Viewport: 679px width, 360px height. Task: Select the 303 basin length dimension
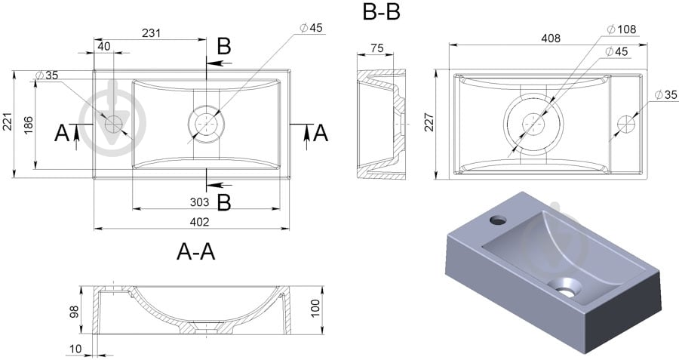coord(200,202)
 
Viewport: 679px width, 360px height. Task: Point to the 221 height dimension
coord(8,122)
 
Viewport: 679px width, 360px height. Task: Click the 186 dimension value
coord(27,125)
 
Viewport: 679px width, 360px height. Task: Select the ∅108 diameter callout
coord(622,29)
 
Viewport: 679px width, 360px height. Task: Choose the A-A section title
coord(196,252)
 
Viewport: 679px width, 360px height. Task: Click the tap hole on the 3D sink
coord(497,220)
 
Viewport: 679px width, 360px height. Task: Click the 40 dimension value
coord(104,47)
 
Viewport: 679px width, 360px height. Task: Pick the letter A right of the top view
coord(321,133)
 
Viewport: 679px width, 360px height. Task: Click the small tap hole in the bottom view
coord(625,122)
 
